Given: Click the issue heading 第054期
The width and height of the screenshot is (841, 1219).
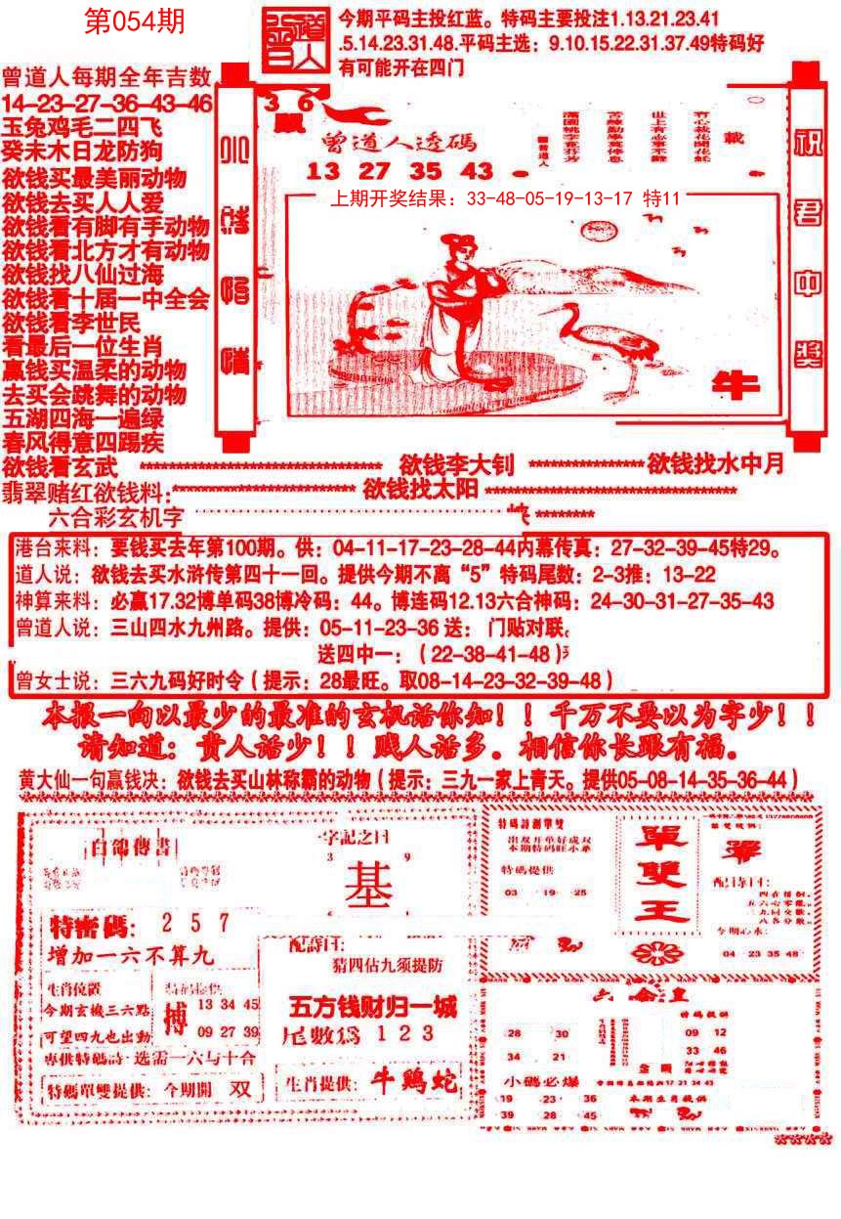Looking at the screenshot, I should [134, 22].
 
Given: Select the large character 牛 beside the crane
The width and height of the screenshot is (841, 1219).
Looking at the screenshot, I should [736, 385].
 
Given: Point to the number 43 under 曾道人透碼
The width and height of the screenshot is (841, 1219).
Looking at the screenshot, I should [476, 170].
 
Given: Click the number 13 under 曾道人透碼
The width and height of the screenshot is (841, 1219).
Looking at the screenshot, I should [320, 170].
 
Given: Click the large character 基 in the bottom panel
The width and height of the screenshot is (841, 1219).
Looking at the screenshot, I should [364, 886].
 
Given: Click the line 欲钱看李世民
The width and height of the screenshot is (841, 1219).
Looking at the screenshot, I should [71, 323].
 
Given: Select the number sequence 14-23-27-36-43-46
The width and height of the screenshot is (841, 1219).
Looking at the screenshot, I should [106, 104].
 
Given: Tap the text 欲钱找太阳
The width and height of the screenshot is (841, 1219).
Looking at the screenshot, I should [420, 487].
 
